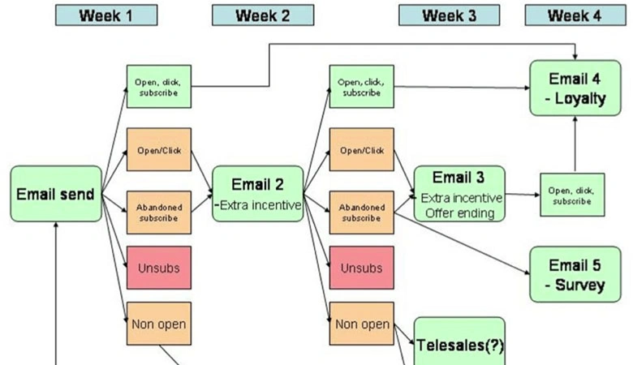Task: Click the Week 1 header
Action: [x=106, y=15]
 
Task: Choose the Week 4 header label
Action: [x=575, y=15]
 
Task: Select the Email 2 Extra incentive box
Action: [x=257, y=194]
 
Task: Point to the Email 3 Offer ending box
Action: [x=459, y=194]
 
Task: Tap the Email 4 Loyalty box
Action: [x=575, y=87]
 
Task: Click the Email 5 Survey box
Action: [x=575, y=274]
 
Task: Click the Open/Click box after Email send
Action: [x=159, y=149]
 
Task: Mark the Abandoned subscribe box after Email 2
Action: [x=361, y=213]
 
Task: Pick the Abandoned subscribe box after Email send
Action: [x=159, y=213]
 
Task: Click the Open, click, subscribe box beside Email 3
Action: [x=575, y=195]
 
